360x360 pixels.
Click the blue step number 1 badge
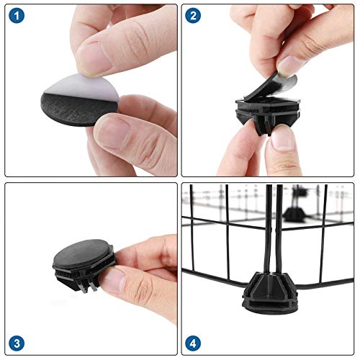coord(17,16)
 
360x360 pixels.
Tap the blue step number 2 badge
coord(193,16)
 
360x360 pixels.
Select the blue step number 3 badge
coord(17,343)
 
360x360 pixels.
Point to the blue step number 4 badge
coord(193,343)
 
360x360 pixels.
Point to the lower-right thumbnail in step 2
coord(283,139)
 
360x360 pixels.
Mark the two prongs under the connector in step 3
coord(88,286)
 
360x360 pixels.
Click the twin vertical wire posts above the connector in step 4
coord(274,228)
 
